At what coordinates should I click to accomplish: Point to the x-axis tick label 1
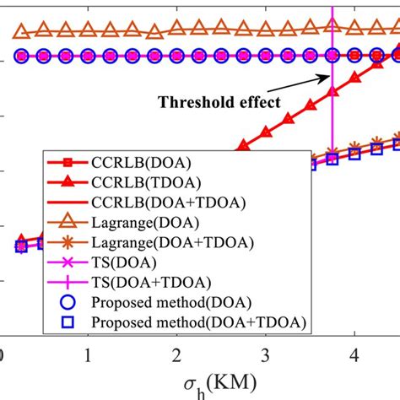click(88, 352)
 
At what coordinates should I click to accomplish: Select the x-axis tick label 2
click(176, 352)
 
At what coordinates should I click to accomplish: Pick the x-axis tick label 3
click(266, 352)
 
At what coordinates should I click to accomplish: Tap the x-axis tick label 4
click(355, 352)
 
